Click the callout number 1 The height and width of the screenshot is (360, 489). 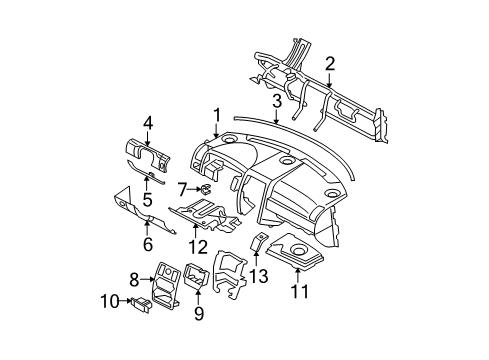(216, 117)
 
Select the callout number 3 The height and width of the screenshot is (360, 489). (276, 102)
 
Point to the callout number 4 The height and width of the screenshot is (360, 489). (147, 123)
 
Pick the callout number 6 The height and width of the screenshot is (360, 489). (148, 243)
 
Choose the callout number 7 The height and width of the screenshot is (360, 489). (181, 187)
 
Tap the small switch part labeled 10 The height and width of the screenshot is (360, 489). (141, 300)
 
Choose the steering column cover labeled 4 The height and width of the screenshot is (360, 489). (150, 151)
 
